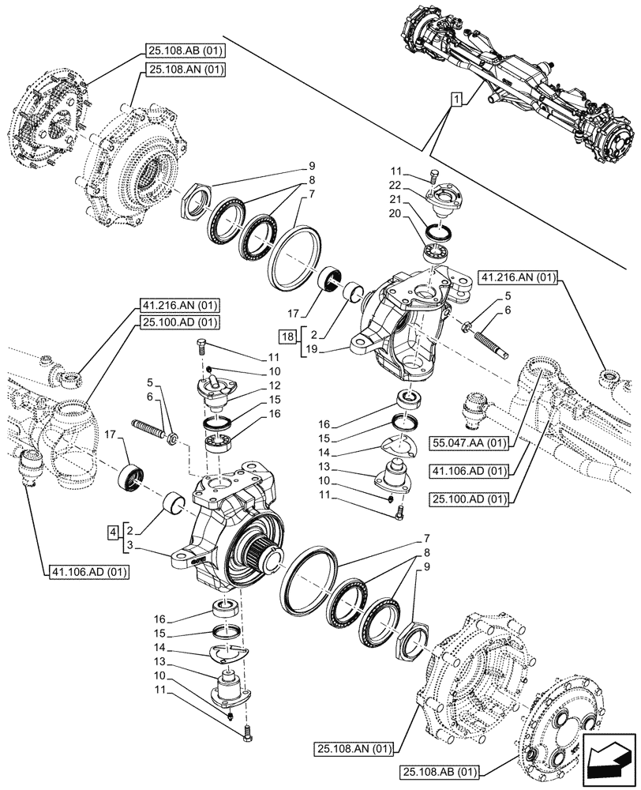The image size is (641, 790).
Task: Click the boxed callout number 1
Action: tap(456, 100)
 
